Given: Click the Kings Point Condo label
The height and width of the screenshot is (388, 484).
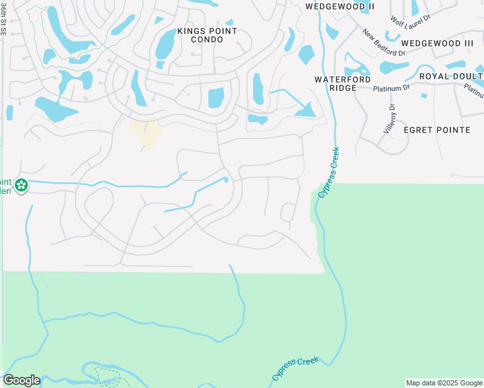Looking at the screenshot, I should pos(198,36).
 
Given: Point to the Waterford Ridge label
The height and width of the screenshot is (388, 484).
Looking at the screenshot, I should pos(342,83).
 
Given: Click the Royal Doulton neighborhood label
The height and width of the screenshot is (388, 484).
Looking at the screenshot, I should pos(451,76).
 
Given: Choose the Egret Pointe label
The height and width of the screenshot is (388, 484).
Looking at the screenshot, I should pos(437,130).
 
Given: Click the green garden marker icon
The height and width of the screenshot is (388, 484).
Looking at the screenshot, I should pos(21,186).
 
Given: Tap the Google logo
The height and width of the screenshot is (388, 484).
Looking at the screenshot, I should pos(21,380).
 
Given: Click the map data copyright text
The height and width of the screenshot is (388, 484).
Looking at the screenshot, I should pos(444,383).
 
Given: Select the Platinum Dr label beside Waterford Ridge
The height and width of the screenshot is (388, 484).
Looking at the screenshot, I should pos(397,87).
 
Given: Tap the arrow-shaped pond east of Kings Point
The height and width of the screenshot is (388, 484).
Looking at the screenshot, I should pos(302,109).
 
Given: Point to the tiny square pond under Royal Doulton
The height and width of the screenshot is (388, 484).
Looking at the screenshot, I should pos(424,96).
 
